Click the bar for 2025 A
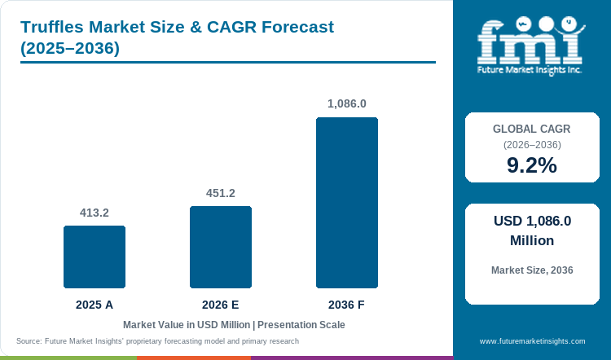[95, 257]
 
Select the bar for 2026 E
[221, 247]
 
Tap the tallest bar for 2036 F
[347, 203]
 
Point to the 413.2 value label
[95, 213]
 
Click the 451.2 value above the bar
[221, 193]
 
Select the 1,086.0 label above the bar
[347, 103]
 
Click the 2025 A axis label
[95, 305]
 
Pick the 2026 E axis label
[221, 305]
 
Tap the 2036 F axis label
[346, 305]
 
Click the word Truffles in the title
[52, 27]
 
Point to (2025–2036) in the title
[70, 48]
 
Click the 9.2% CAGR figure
[532, 165]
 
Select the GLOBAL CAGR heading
[532, 129]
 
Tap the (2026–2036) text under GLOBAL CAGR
[532, 145]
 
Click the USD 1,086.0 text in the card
[532, 221]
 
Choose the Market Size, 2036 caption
[532, 270]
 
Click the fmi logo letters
[530, 42]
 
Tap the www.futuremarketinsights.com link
[532, 341]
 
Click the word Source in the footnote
[29, 341]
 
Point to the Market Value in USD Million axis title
[187, 325]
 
